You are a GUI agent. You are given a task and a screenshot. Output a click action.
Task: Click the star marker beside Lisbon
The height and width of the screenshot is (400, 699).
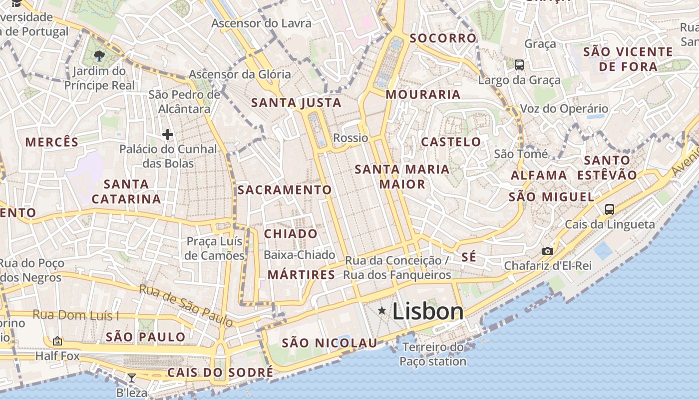tap(382, 311)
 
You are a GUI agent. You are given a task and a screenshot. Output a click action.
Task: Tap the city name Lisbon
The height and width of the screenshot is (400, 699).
tap(428, 311)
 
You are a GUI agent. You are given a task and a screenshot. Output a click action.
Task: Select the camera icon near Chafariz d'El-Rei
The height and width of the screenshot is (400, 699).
tap(548, 251)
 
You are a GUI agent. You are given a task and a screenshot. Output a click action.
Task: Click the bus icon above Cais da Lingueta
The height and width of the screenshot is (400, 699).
tap(609, 209)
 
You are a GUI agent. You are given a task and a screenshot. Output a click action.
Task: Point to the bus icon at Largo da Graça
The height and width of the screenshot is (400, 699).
tap(519, 64)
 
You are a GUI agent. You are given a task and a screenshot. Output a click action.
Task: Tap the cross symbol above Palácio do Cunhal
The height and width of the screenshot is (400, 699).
tap(168, 134)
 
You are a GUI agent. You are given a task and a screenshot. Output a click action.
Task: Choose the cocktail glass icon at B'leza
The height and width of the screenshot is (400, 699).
tap(132, 377)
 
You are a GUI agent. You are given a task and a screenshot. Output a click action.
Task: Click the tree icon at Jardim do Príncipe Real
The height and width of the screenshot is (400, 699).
tap(99, 55)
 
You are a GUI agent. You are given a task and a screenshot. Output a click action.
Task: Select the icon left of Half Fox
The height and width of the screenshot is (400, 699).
tap(57, 341)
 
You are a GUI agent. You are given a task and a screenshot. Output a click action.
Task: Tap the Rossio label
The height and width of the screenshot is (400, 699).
tap(350, 138)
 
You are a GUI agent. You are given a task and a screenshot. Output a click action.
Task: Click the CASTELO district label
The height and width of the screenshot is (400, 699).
tap(451, 142)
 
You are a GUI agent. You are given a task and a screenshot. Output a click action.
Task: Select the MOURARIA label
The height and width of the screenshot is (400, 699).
tap(423, 94)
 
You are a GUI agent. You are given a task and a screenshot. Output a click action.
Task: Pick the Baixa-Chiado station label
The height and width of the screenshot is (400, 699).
tap(299, 255)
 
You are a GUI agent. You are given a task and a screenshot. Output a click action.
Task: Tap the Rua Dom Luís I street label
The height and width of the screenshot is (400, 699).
tap(76, 315)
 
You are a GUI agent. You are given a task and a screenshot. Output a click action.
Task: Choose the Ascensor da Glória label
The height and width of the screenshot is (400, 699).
tap(240, 74)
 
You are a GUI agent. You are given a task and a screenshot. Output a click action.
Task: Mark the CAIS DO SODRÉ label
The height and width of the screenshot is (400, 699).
tap(220, 372)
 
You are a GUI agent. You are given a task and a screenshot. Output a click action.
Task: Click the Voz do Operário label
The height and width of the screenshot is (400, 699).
tap(564, 108)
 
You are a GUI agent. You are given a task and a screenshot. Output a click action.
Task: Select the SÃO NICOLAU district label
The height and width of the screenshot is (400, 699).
tap(330, 343)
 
